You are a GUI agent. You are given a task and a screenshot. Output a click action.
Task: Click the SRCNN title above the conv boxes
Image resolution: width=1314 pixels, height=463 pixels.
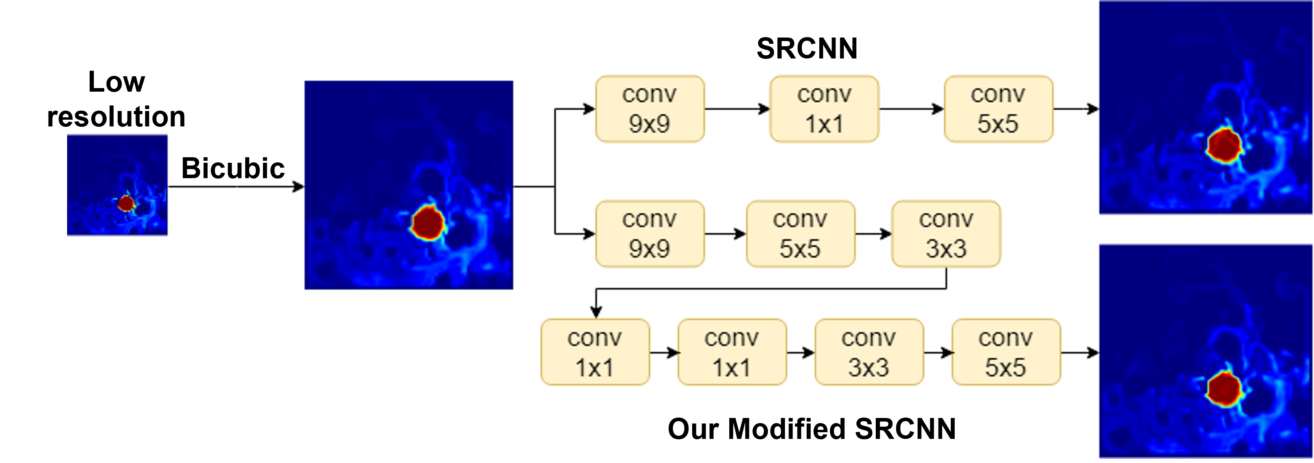pos(807,49)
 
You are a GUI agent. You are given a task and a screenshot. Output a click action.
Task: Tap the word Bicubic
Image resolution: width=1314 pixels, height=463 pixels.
pos(233,168)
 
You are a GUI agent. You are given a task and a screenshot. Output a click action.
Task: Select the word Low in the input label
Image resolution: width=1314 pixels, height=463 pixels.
pos(116,82)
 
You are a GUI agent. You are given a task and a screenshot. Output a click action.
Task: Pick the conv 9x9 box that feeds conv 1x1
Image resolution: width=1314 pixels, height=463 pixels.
pos(649,109)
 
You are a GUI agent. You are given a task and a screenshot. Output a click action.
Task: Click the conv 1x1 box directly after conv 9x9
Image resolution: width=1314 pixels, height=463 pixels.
pos(824,109)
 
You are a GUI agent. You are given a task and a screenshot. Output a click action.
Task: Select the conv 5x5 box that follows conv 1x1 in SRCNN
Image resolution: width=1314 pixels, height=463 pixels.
pos(998,109)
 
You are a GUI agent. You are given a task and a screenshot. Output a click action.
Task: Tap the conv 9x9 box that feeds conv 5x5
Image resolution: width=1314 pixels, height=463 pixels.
pos(649,234)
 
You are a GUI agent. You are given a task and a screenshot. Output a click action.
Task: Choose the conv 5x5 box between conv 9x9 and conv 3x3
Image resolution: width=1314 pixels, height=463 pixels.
pos(800,234)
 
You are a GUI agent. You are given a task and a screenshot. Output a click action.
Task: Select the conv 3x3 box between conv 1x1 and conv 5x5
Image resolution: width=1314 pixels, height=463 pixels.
pos(869,352)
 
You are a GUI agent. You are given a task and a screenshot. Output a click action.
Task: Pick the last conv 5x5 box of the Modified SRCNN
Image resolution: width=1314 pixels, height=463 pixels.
pos(1005,352)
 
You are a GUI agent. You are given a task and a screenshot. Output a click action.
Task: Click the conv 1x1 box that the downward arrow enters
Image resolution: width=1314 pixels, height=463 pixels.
pos(595,352)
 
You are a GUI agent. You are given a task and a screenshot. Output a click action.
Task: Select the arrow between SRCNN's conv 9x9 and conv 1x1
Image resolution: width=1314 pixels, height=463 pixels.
pos(737,109)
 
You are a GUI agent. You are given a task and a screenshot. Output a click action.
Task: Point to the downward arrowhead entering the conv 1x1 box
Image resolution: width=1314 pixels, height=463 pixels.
pos(596,311)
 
